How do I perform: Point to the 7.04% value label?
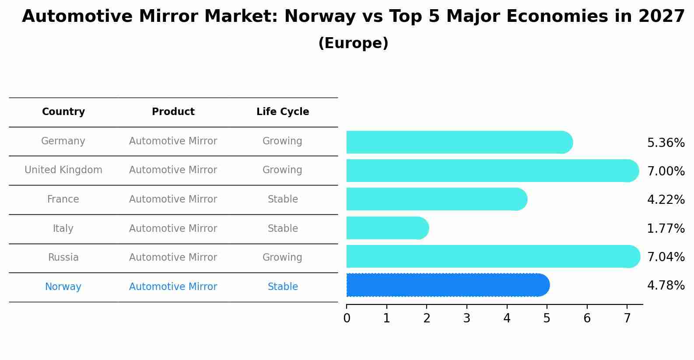pos(666,257)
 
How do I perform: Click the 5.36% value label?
pos(666,143)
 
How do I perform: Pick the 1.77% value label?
pos(666,228)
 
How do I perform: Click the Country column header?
pos(63,112)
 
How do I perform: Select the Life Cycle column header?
pos(283,112)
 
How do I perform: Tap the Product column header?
pos(173,112)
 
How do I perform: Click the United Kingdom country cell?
pos(63,170)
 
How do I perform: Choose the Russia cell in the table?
pos(63,258)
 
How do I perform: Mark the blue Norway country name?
pos(63,287)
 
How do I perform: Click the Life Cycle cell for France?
pos(283,199)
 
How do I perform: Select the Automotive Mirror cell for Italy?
pos(173,229)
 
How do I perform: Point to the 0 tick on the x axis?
pos(347,318)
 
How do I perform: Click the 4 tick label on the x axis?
pos(507,318)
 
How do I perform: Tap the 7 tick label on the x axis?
pos(627,318)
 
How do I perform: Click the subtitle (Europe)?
pos(353,43)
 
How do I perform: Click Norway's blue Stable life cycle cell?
pos(283,287)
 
